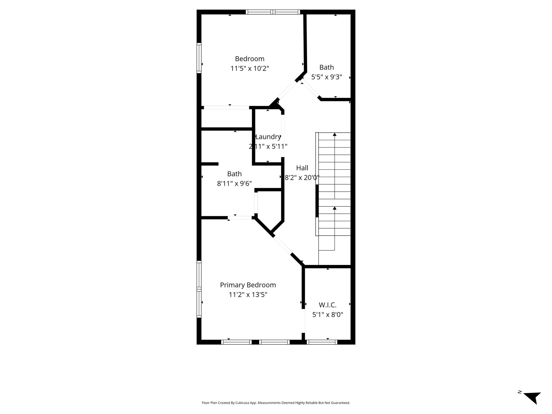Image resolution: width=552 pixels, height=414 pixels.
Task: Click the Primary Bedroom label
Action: coord(248,285)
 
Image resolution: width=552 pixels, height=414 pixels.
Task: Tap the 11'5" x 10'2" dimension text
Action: coord(250,68)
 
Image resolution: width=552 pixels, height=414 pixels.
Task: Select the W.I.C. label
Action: coord(328,305)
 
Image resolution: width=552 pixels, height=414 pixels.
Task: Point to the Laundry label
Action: coord(268,137)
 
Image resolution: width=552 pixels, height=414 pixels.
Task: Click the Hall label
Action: coord(302,168)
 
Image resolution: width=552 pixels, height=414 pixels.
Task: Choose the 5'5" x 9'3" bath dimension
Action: coord(327,77)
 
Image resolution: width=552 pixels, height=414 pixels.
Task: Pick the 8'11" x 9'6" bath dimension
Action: coord(234,184)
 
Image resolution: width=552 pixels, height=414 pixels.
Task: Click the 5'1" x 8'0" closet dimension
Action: coord(328,315)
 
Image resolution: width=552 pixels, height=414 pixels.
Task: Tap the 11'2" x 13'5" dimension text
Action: coord(248,295)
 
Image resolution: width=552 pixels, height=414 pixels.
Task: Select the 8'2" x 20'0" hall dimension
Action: coord(302,178)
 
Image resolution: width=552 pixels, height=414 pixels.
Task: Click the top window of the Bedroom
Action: coord(273,12)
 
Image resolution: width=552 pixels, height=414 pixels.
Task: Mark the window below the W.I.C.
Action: coord(322,342)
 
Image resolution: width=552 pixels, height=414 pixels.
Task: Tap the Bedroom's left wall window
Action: coord(199,58)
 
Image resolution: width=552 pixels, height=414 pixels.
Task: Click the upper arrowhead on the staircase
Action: coord(334,134)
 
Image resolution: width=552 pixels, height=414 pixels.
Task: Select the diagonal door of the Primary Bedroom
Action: coord(282,245)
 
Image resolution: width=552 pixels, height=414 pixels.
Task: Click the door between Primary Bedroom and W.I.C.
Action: coord(303,321)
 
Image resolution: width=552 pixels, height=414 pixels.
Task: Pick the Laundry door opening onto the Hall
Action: coord(283,136)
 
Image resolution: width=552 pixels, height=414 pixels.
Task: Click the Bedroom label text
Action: coord(250,59)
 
